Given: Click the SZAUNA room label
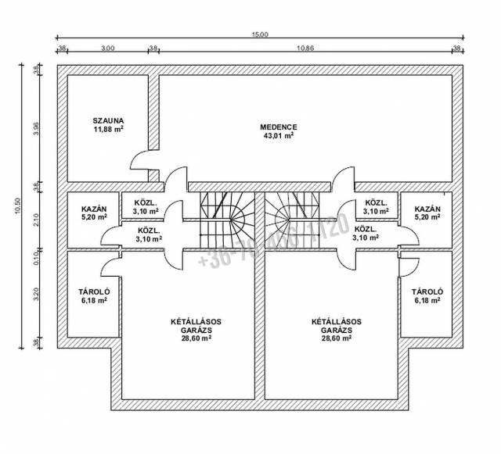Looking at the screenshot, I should coord(108,120).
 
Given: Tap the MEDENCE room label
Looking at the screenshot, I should coord(279,127).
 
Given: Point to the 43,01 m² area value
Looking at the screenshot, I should coord(279,135).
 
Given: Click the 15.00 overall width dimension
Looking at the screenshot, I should coord(260,34).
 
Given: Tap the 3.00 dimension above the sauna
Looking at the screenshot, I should coord(108,48).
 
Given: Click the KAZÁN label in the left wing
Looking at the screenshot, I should coord(94,209).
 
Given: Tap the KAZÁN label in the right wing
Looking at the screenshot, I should coord(427,209).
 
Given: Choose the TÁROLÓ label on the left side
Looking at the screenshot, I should coord(94,291).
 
